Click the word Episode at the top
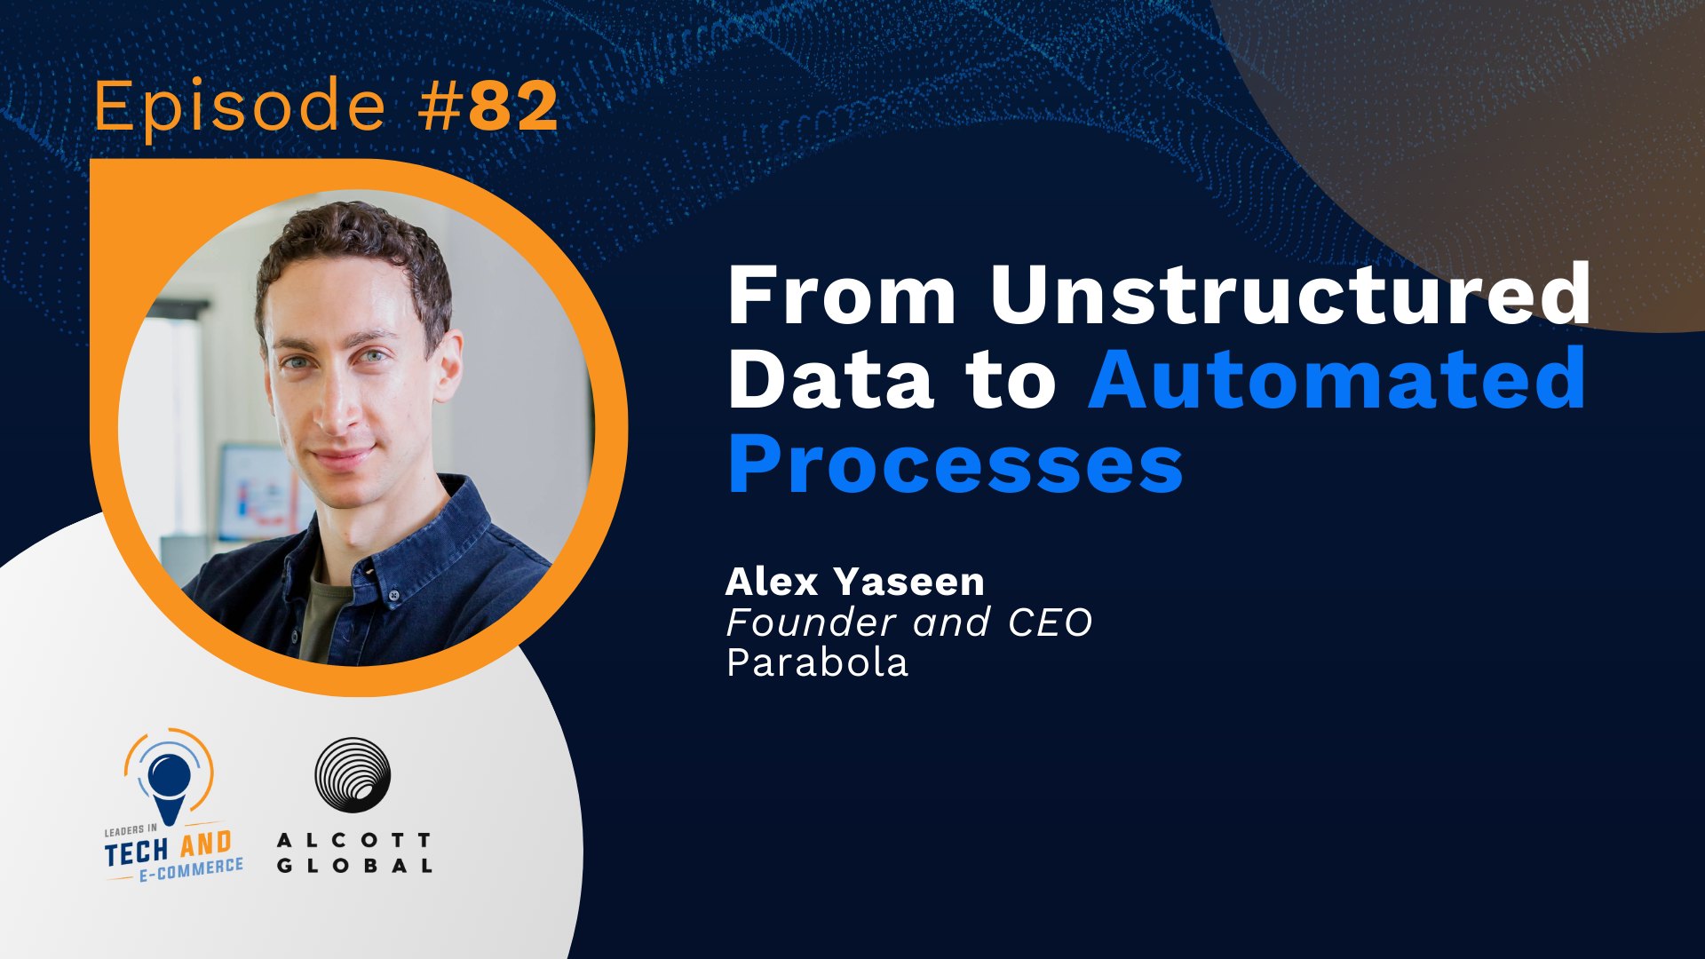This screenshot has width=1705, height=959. click(x=240, y=107)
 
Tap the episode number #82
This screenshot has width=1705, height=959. click(x=488, y=107)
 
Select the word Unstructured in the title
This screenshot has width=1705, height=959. click(x=1290, y=295)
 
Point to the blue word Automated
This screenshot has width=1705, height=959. click(x=1336, y=380)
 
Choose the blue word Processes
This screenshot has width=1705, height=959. click(x=955, y=464)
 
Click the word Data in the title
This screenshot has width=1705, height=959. click(x=830, y=380)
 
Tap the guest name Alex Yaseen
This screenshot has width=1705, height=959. click(x=854, y=583)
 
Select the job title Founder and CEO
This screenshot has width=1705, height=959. click(x=908, y=622)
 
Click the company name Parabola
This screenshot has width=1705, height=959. click(x=817, y=663)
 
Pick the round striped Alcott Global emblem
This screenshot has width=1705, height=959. click(x=353, y=774)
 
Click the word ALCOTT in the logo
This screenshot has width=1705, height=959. click(x=353, y=839)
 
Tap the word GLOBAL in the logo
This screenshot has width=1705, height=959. click(x=353, y=866)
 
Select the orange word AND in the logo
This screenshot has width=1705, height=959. click(x=206, y=844)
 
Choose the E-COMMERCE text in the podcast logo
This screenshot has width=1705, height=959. click(x=191, y=869)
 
